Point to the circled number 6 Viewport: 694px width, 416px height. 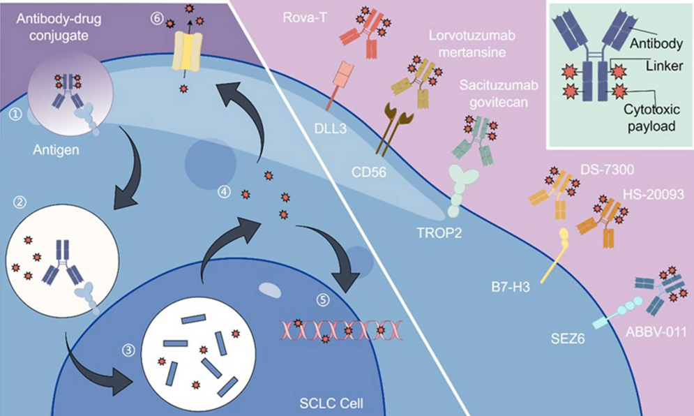[x=157, y=17]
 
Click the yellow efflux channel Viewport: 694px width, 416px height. [x=186, y=54]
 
